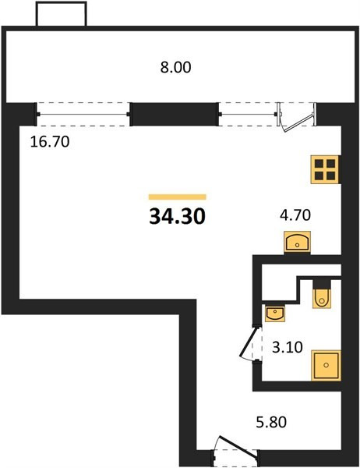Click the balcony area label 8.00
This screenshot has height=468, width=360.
point(175,67)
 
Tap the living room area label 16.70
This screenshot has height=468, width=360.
point(50,141)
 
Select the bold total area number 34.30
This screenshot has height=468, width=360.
point(177,216)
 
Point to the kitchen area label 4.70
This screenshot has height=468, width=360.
point(295,215)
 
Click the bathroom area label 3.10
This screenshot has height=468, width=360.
point(288,347)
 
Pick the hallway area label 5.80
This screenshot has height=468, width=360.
point(271,422)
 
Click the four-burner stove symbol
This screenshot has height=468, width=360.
point(325,169)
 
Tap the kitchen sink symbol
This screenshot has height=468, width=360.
point(297,243)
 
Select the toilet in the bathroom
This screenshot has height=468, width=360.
point(322,294)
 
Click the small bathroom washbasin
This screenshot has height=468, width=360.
point(275,313)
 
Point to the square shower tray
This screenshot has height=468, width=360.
point(326,365)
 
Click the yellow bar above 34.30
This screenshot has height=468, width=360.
point(178,197)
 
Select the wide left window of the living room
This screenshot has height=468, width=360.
point(83,115)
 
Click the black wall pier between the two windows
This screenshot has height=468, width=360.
point(175,115)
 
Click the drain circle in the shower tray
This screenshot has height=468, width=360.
point(326,365)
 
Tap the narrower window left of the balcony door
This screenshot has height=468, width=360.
point(248,115)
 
